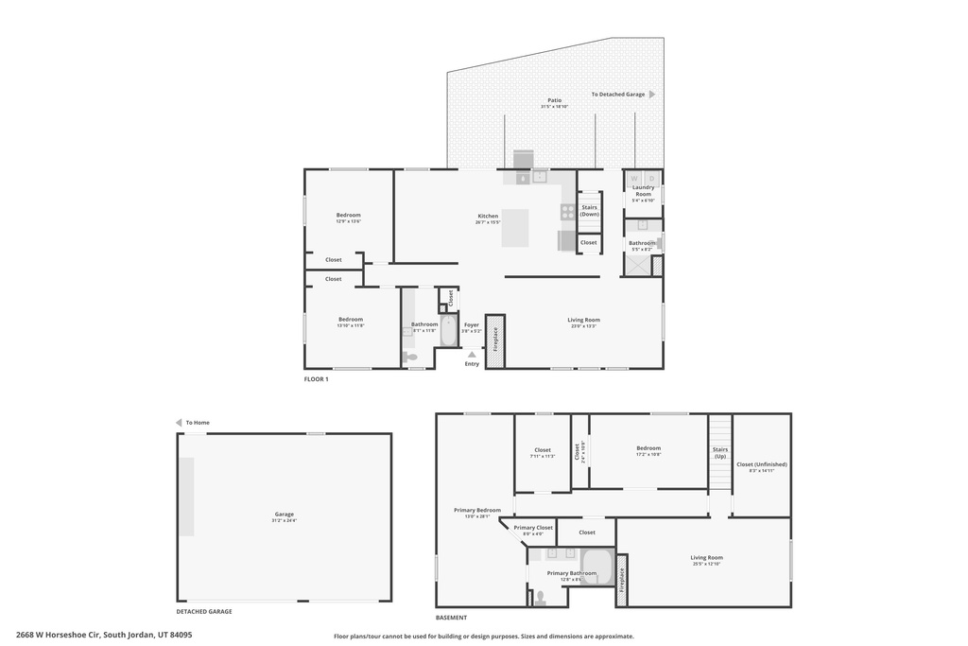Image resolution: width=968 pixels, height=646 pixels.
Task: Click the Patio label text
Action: tap(553, 99)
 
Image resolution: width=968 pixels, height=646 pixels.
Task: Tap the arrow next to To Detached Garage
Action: tap(651, 95)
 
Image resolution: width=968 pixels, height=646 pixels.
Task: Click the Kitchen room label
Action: tap(487, 217)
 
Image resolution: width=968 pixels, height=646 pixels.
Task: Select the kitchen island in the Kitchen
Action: tap(515, 227)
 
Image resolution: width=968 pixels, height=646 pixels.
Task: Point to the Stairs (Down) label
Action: tap(589, 210)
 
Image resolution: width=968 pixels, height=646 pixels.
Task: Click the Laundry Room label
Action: tap(643, 190)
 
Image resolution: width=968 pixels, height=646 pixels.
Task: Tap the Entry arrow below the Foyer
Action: tap(472, 355)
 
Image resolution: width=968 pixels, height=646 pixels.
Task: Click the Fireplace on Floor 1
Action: tap(495, 340)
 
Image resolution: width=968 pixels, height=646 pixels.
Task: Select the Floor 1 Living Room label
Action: tap(583, 320)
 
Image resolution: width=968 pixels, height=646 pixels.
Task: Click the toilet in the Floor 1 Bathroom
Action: tap(410, 358)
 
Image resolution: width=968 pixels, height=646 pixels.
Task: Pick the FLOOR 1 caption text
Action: tap(316, 379)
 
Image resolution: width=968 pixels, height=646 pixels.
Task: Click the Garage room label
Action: tap(284, 515)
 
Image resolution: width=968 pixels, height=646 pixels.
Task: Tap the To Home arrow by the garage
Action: tap(179, 423)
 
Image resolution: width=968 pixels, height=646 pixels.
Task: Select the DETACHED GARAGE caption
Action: tap(204, 611)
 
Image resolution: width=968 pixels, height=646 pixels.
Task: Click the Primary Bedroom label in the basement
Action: tap(476, 510)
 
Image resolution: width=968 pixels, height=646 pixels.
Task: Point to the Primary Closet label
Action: tap(533, 528)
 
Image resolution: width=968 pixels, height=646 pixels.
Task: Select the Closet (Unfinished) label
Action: tap(761, 464)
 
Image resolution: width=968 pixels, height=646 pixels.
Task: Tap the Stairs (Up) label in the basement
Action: tap(720, 452)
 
